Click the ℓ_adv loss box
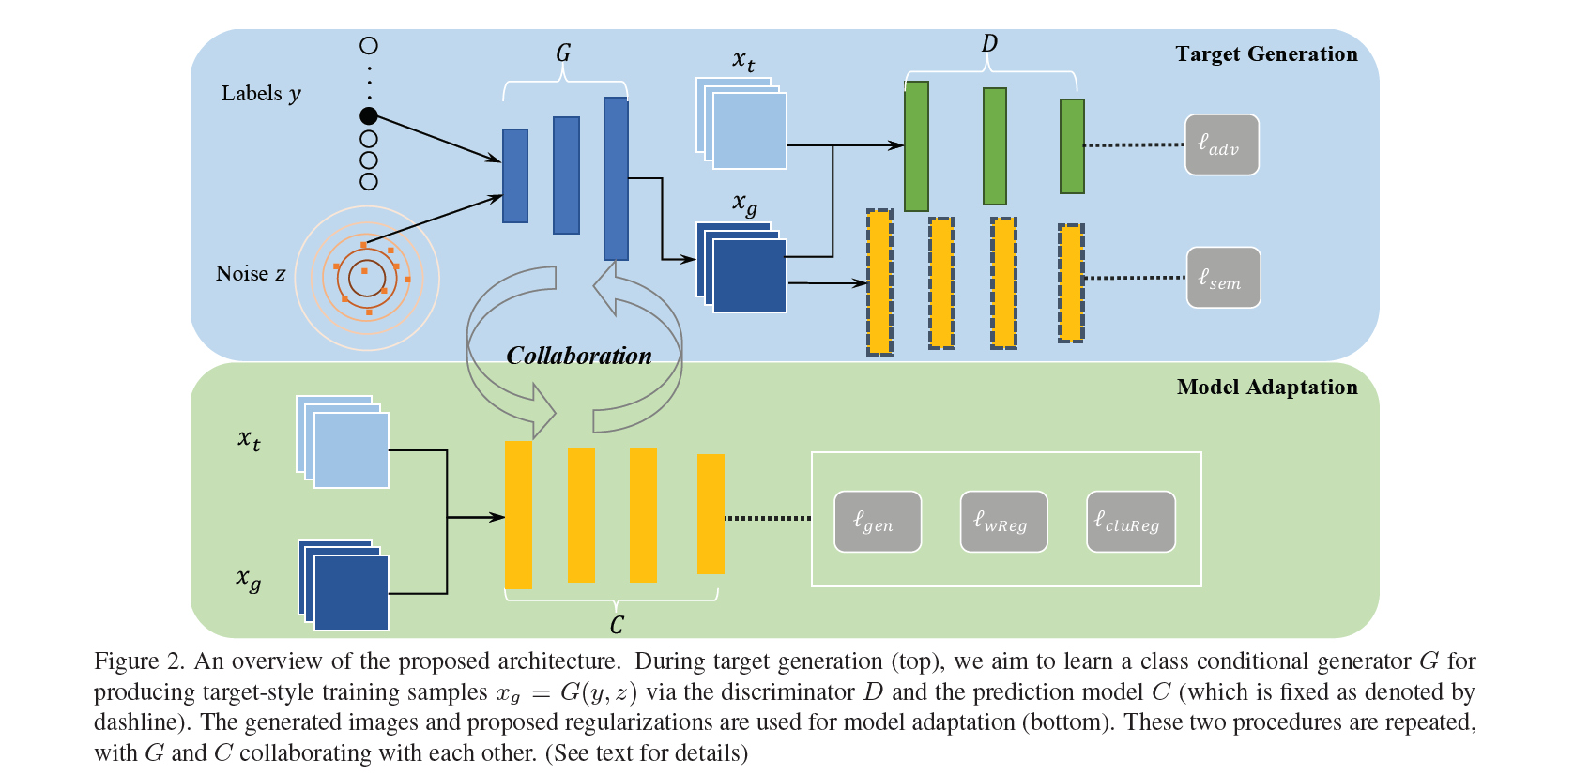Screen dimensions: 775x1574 pyautogui.click(x=1221, y=144)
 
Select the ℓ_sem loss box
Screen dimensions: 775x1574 pyautogui.click(x=1223, y=278)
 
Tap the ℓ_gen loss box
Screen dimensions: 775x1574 pyautogui.click(x=877, y=522)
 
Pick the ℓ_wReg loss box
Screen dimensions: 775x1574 pyautogui.click(x=1002, y=522)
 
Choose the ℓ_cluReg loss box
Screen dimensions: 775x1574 pyautogui.click(x=1130, y=522)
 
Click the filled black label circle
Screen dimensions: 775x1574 pyautogui.click(x=369, y=115)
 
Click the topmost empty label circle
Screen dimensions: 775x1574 pyautogui.click(x=369, y=45)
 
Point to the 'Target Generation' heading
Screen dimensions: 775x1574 pyautogui.click(x=1266, y=54)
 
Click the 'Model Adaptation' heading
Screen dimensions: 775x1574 pyautogui.click(x=1266, y=387)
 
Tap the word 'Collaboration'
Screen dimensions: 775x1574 pyautogui.click(x=578, y=356)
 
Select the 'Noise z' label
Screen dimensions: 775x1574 pyautogui.click(x=250, y=274)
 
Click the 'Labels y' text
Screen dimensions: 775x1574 pyautogui.click(x=261, y=94)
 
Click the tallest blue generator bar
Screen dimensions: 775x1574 pyautogui.click(x=616, y=178)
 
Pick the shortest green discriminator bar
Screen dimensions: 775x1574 pyautogui.click(x=1072, y=146)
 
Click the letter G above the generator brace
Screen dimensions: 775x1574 pyautogui.click(x=563, y=53)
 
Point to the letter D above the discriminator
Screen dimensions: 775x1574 pyautogui.click(x=989, y=44)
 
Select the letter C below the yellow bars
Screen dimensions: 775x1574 pyautogui.click(x=617, y=625)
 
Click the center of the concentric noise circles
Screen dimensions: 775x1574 pyautogui.click(x=366, y=278)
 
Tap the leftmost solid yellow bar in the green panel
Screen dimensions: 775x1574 pyautogui.click(x=518, y=514)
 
